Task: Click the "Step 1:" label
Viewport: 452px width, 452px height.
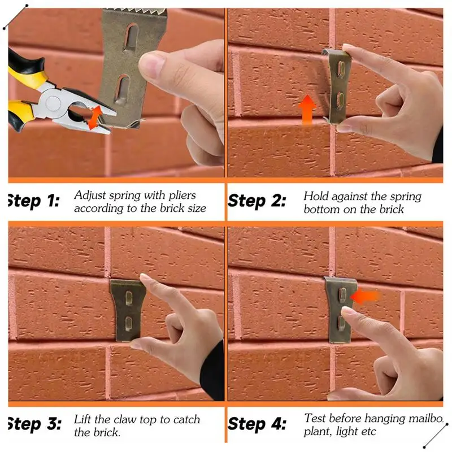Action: (33, 201)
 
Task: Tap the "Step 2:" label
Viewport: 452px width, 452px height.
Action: (257, 201)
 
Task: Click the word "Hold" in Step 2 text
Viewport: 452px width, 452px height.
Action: (316, 196)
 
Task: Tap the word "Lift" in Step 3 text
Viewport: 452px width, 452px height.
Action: (84, 420)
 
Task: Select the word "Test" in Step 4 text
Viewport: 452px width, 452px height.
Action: (316, 419)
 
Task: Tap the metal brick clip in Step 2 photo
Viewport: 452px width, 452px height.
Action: (337, 85)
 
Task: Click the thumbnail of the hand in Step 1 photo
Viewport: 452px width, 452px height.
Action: (152, 67)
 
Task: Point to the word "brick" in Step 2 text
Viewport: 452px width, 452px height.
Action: (390, 209)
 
